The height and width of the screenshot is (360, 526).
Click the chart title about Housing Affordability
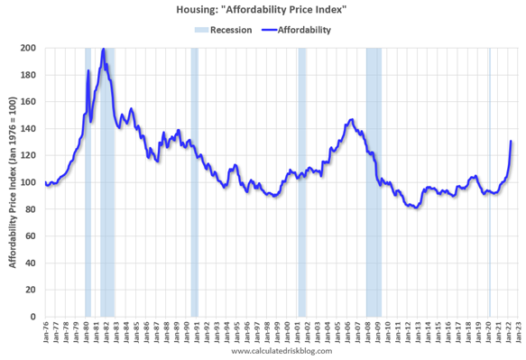tap(263, 10)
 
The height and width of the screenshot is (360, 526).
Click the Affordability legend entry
tap(298, 30)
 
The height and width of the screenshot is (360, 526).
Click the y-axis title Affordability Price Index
tap(12, 182)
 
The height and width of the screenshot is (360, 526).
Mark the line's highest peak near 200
tap(104, 49)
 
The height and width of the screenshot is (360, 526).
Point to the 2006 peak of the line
tap(351, 119)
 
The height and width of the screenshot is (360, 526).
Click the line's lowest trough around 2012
tap(414, 208)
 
